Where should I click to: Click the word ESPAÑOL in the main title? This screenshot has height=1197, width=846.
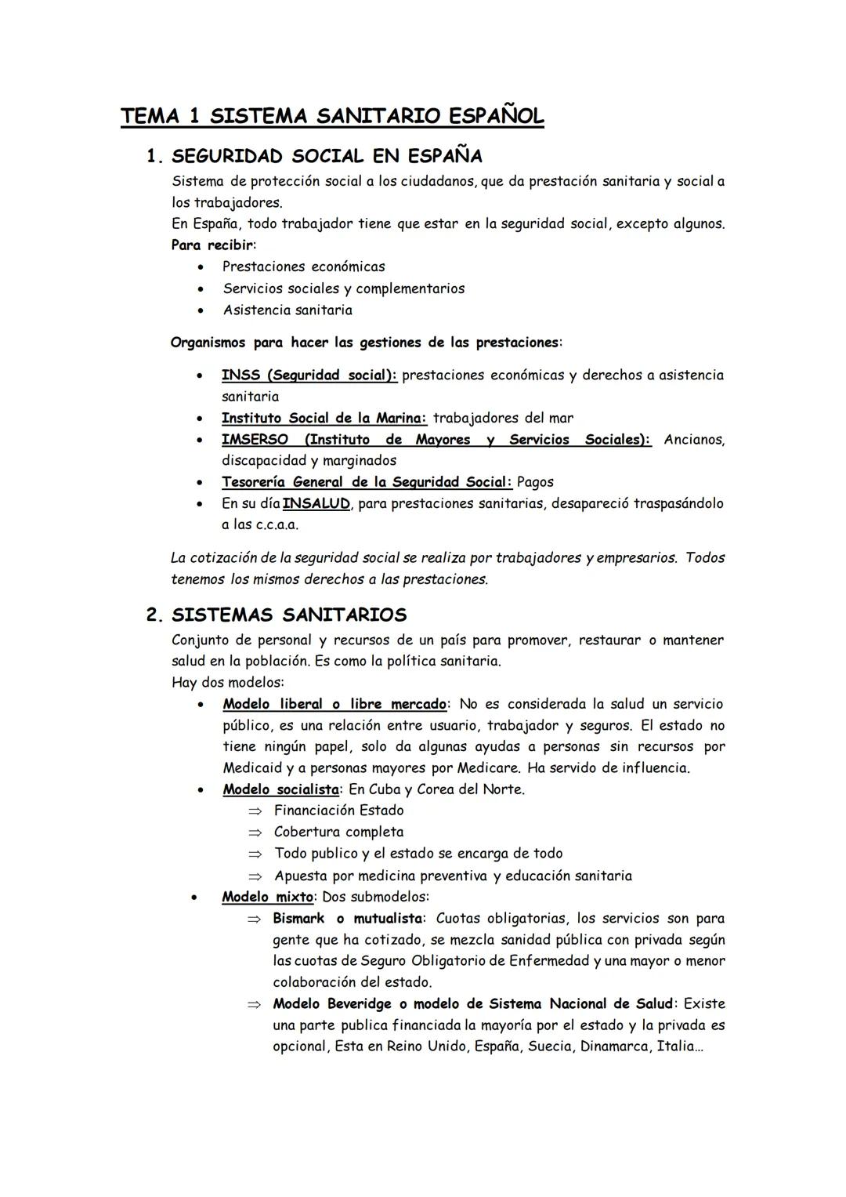click(496, 117)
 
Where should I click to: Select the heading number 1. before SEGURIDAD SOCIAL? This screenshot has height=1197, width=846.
click(154, 157)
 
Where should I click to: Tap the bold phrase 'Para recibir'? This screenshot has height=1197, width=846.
click(212, 245)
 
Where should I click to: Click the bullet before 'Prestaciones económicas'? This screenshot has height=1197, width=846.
click(202, 267)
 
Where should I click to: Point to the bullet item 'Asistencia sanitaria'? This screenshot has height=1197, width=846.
click(287, 310)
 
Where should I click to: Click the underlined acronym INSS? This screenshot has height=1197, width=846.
click(240, 375)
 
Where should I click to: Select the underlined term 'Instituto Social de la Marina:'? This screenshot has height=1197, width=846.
click(324, 419)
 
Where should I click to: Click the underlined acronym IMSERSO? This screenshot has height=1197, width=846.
click(255, 440)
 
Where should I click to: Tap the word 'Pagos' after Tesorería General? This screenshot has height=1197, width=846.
click(535, 482)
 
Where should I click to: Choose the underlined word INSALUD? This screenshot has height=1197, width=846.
click(316, 503)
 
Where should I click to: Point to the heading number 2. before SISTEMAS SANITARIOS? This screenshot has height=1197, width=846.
click(154, 615)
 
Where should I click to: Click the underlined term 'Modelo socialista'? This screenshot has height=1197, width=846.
click(280, 789)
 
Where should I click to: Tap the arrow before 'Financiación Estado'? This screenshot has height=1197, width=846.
click(254, 811)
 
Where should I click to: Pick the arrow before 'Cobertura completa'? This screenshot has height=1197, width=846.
click(254, 832)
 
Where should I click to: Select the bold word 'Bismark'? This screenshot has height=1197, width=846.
click(298, 918)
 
